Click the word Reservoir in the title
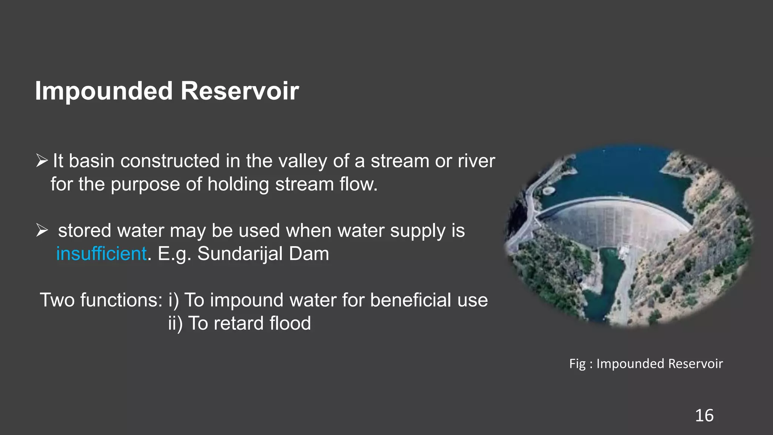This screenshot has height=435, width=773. click(x=240, y=91)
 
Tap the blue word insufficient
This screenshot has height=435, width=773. click(x=101, y=254)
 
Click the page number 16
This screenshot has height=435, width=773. click(x=704, y=416)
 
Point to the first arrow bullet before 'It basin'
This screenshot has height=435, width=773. click(x=42, y=161)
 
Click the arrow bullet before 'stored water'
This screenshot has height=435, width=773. click(x=42, y=230)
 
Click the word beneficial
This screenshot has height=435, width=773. click(x=411, y=300)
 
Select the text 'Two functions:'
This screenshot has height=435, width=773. click(x=101, y=300)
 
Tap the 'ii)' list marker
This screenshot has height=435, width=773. click(x=175, y=323)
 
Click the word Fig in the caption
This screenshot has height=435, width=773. click(x=577, y=364)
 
